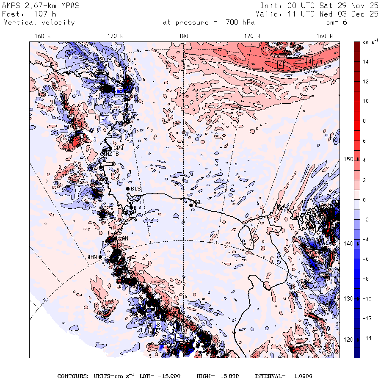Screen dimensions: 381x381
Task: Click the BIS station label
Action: pos(136,188)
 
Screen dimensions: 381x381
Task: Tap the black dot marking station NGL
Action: pos(191,205)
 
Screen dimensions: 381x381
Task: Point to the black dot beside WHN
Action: pos(100,257)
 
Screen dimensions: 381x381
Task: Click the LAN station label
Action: pos(123,239)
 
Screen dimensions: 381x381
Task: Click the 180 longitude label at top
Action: pos(183,36)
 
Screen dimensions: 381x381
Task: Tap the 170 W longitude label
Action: pos(253,36)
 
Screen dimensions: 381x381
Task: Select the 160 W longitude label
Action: pos(325,36)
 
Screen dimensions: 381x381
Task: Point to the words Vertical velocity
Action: pos(39,22)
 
